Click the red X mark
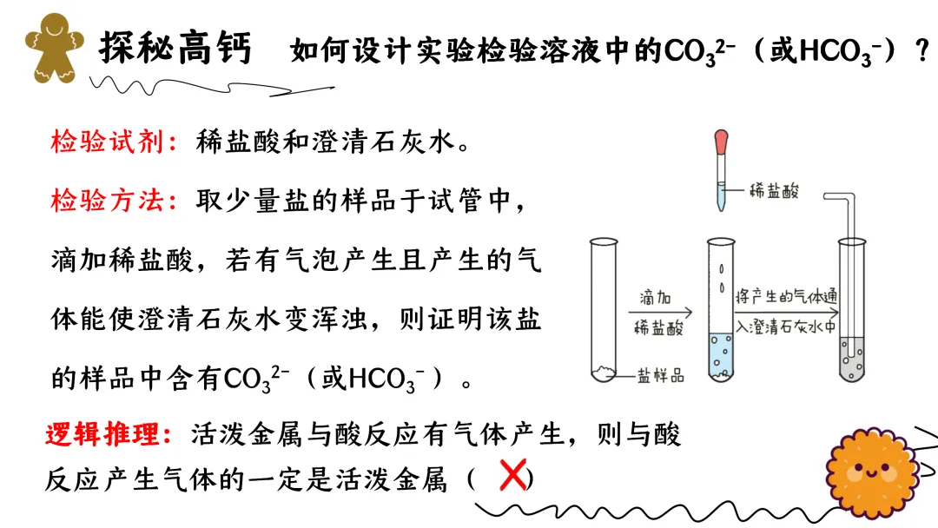point(513,476)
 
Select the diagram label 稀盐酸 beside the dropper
point(776,192)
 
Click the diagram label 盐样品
point(661,374)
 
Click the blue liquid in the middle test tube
point(721,356)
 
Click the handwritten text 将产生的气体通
point(786,295)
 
